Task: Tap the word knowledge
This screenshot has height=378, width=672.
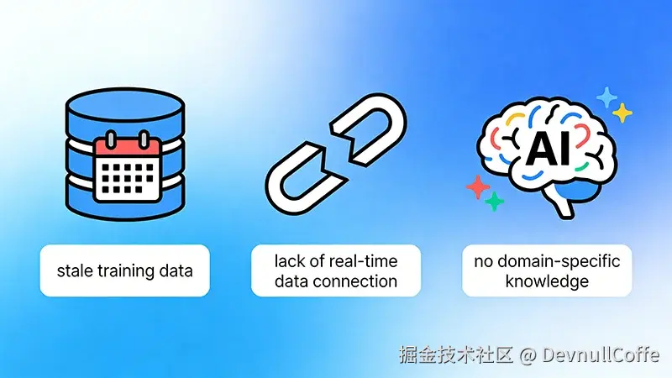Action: click(x=547, y=281)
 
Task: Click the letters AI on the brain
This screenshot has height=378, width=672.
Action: click(x=549, y=151)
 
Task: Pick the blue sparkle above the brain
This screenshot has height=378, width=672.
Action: click(x=606, y=97)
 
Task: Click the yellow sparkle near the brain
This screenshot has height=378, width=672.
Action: click(x=622, y=113)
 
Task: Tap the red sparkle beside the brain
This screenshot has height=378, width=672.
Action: click(x=478, y=186)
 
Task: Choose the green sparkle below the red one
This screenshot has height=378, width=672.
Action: click(x=494, y=202)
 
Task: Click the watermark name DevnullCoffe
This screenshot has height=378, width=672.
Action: click(x=601, y=354)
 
